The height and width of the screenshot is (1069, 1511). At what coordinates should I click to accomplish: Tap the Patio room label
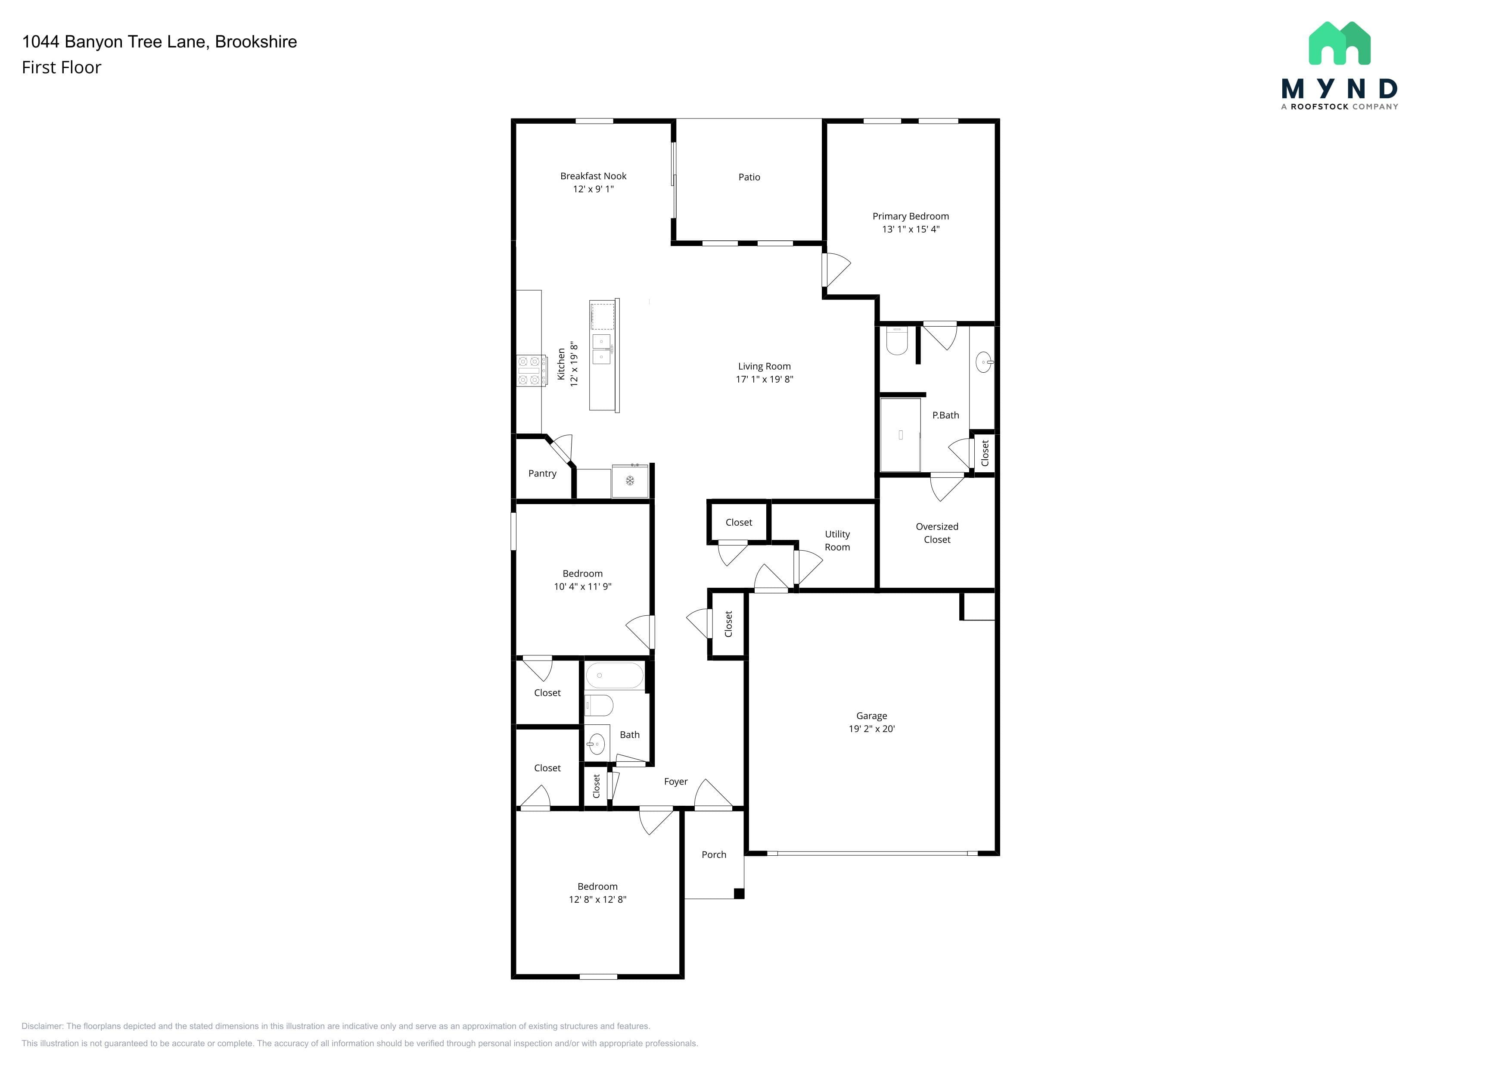click(749, 177)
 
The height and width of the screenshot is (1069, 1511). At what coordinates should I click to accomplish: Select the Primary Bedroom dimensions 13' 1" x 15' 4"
click(911, 229)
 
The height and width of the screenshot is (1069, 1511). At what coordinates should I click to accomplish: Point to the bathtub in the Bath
click(614, 676)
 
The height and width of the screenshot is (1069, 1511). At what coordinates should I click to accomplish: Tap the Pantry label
click(542, 473)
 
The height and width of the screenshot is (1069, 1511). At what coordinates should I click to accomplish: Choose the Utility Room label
click(837, 540)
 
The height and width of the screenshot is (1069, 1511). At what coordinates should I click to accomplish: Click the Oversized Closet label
click(937, 533)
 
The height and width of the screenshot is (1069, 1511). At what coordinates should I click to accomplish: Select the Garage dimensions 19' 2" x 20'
click(871, 729)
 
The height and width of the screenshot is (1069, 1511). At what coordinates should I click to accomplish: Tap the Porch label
click(714, 854)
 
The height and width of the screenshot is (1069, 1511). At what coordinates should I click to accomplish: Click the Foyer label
click(676, 781)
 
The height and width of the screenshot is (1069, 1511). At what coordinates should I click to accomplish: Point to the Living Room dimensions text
click(764, 379)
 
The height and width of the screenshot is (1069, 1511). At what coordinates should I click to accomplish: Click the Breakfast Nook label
click(593, 176)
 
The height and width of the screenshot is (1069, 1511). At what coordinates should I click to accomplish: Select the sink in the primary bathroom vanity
click(984, 362)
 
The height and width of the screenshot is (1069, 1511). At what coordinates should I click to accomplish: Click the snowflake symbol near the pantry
click(630, 481)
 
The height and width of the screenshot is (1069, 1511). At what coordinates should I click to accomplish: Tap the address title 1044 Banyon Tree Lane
click(116, 41)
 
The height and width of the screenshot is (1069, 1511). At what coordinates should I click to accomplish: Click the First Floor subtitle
click(61, 67)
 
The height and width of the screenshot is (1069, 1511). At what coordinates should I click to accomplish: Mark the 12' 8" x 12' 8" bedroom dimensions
click(597, 899)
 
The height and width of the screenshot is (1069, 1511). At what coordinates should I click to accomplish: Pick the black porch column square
click(739, 894)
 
